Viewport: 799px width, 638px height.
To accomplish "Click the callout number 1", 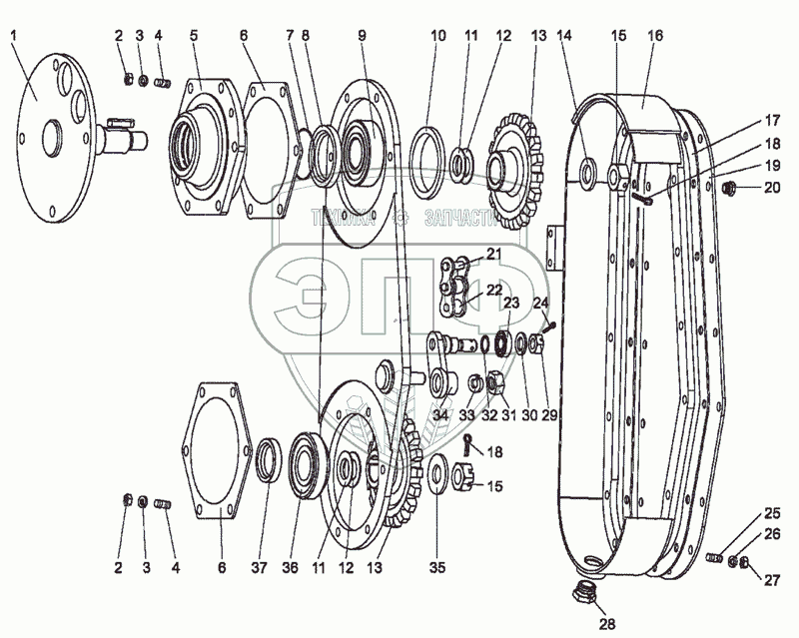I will tap(15, 36).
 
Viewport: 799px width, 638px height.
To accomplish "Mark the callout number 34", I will tap(440, 415).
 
